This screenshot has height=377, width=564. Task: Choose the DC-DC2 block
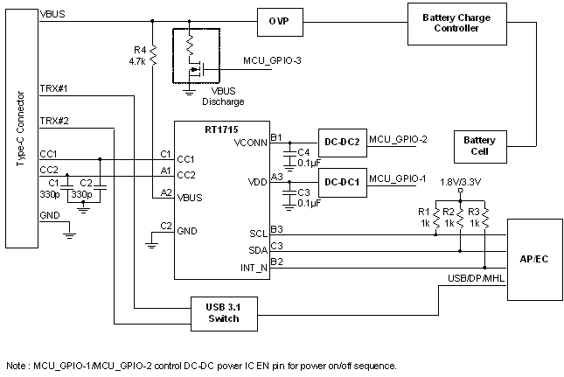(340, 139)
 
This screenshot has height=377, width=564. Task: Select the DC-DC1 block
(340, 181)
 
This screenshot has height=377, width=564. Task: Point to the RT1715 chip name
(195, 129)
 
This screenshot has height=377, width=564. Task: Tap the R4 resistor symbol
(153, 56)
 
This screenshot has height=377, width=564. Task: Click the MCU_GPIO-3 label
(271, 60)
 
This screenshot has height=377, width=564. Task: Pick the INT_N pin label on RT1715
(254, 266)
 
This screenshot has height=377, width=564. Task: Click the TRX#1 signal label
(54, 88)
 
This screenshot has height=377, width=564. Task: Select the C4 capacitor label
(303, 152)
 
